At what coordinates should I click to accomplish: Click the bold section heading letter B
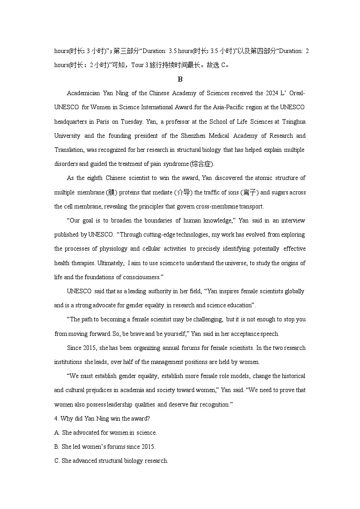[x=180, y=79]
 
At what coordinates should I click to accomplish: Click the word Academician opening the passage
[x=83, y=93]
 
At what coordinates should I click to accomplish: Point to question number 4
[x=56, y=419]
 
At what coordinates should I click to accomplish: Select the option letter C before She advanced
[x=56, y=461]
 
